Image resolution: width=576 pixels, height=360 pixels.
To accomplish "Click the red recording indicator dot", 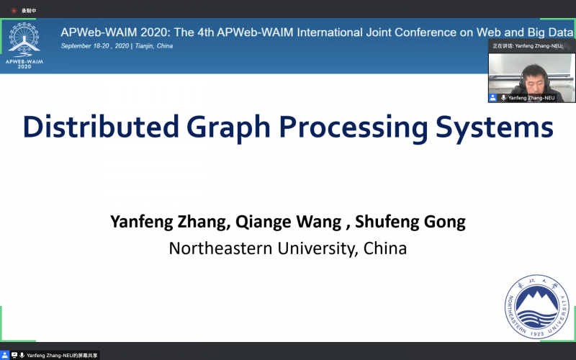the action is [14, 11].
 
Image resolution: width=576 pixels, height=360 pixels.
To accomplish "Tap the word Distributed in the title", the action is [101, 127].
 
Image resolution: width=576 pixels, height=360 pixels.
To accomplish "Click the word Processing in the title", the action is [354, 129].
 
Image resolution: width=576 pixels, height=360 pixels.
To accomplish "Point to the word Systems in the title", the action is [495, 129].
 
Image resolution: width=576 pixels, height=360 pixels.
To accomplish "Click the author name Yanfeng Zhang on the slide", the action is [171, 222].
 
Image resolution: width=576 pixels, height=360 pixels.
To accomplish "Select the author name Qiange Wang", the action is [289, 222].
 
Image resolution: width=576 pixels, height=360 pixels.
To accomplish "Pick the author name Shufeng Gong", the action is [410, 222].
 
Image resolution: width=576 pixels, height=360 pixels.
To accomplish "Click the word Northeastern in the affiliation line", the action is [221, 248].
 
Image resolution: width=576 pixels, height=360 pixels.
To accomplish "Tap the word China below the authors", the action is [385, 248].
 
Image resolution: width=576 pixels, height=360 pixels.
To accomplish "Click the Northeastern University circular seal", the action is [537, 307].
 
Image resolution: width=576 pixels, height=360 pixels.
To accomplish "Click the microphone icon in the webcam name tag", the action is [503, 98].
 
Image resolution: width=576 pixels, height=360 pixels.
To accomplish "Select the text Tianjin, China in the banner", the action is [153, 46].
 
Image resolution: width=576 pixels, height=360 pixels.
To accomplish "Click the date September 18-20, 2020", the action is [95, 46].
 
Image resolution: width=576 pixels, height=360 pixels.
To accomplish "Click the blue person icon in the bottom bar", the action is [4, 355].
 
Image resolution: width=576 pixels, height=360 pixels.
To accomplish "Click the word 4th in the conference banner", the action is [205, 32].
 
